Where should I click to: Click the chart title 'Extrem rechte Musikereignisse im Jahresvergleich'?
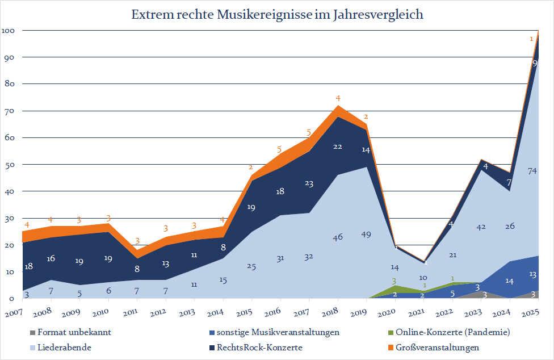click(278, 15)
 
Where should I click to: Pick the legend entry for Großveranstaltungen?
click(437, 347)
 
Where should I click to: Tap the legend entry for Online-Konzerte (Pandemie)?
click(451, 332)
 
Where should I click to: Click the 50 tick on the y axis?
click(11, 165)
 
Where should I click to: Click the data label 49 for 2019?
click(366, 235)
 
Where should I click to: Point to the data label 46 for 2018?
click(338, 237)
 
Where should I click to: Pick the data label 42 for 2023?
click(480, 227)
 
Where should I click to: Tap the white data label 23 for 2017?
click(309, 183)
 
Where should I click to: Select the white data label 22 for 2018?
click(338, 146)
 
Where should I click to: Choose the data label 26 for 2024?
click(509, 227)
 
